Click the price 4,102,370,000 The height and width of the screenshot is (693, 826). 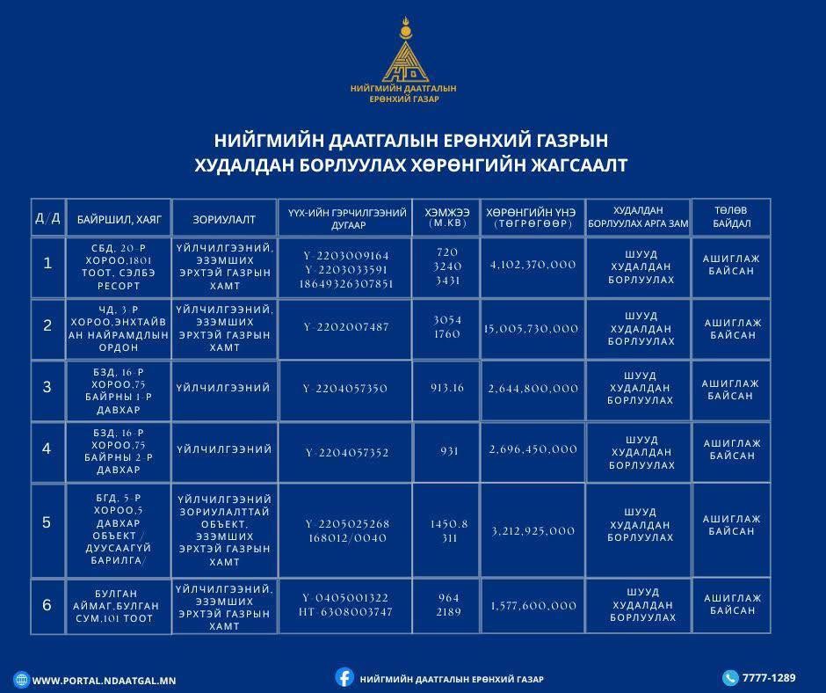click(x=533, y=265)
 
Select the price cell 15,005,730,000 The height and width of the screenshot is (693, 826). click(x=532, y=329)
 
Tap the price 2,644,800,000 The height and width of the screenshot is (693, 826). click(x=533, y=389)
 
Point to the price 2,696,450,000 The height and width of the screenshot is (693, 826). click(x=533, y=449)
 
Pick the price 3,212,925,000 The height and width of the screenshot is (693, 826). click(x=533, y=531)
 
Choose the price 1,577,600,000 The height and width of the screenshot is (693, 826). click(x=533, y=606)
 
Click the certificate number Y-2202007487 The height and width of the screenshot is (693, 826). click(x=345, y=327)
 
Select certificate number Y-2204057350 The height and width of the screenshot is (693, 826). click(x=344, y=389)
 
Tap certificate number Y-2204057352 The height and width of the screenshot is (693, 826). click(x=346, y=453)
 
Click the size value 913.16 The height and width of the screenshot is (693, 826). click(x=447, y=388)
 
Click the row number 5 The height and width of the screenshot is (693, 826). click(x=47, y=523)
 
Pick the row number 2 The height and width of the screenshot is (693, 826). click(x=47, y=326)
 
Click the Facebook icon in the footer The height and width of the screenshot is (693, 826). click(x=344, y=677)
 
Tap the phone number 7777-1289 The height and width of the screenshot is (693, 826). click(x=769, y=678)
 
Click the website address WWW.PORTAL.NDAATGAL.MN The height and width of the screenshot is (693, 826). click(x=104, y=681)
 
